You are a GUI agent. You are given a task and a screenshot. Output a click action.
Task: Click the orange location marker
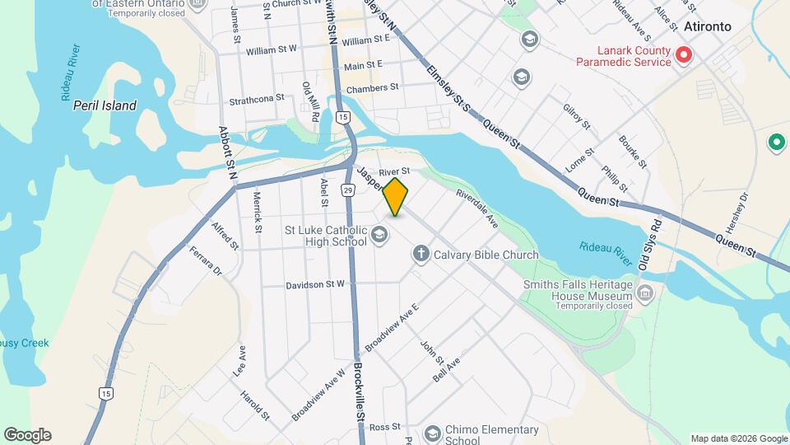point(396,197)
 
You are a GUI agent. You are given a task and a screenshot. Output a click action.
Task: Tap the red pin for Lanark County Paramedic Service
point(683,55)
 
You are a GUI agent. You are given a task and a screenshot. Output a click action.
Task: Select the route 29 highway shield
point(348,191)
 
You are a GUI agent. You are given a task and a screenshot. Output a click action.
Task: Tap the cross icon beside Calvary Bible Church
point(421,254)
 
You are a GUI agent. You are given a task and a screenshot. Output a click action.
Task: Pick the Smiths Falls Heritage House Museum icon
point(645,293)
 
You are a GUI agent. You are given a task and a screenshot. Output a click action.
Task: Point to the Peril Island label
point(105,105)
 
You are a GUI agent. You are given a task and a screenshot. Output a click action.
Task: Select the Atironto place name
point(707,26)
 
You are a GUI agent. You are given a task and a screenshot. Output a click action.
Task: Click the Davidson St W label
point(315,284)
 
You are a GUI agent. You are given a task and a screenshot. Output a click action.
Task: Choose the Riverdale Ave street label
point(478,209)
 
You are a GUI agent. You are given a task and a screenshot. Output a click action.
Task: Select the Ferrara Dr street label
point(206,260)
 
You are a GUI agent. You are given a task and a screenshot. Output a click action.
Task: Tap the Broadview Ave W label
point(317,396)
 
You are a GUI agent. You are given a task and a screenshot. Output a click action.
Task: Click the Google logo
point(27,435)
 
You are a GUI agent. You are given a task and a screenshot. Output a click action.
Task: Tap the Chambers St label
point(372,87)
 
